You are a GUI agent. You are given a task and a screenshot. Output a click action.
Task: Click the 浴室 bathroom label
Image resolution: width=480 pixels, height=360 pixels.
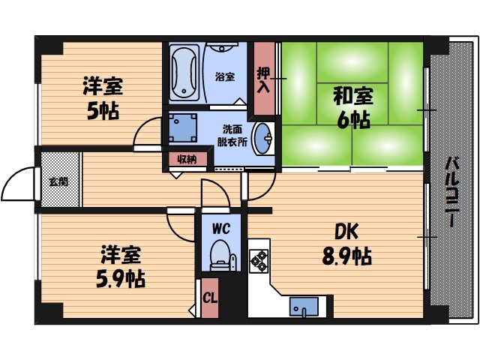click(x=224, y=76)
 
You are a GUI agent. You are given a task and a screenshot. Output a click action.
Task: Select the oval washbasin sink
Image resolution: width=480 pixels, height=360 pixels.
click(x=262, y=137)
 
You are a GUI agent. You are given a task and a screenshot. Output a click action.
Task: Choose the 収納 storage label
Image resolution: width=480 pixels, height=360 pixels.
click(x=186, y=159)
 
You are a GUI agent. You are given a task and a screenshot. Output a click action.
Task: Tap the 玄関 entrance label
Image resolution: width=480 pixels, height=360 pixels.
click(x=58, y=181)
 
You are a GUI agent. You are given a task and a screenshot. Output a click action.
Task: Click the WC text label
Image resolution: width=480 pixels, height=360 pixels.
click(x=220, y=226)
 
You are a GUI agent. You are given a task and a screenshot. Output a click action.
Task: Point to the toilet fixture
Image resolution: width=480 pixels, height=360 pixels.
click(x=220, y=255)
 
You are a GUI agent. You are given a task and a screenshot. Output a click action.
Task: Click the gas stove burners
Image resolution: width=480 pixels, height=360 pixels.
click(x=259, y=260)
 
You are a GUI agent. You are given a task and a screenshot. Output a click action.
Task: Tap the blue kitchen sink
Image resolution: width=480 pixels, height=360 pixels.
click(x=304, y=307)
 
